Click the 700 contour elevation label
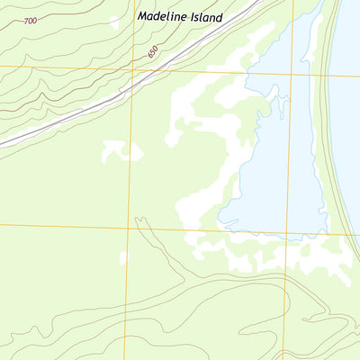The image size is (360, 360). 31,20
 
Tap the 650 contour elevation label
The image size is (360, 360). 153,52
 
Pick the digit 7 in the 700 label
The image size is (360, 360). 27,20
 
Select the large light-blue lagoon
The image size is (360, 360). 279,162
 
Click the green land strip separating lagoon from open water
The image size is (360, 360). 330,135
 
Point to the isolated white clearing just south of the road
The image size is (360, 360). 121,151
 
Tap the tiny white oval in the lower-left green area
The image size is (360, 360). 122,258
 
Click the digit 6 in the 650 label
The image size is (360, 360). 149,55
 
